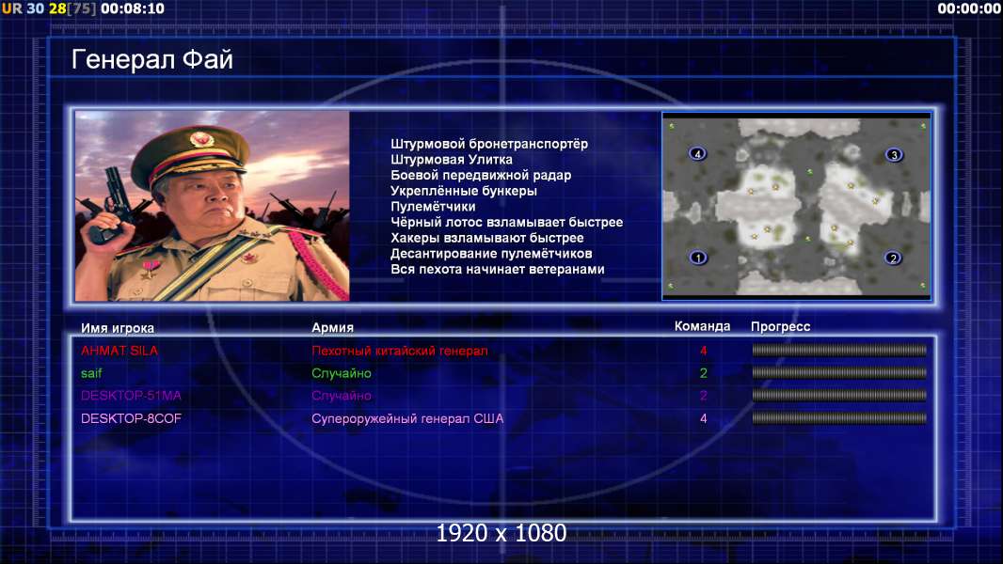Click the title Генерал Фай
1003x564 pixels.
pyautogui.click(x=152, y=59)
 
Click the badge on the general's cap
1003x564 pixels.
pyautogui.click(x=200, y=138)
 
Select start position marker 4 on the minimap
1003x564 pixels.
pyautogui.click(x=697, y=153)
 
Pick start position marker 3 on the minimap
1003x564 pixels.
pyautogui.click(x=894, y=154)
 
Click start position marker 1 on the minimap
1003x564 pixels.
pyautogui.click(x=698, y=258)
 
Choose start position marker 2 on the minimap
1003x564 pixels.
pyautogui.click(x=893, y=258)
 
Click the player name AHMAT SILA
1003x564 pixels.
pyautogui.click(x=119, y=351)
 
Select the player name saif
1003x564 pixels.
pyautogui.click(x=91, y=373)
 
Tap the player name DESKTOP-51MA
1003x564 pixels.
pyautogui.click(x=131, y=396)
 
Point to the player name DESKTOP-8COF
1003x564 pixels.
pyautogui.click(x=131, y=418)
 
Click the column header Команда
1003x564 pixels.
pyautogui.click(x=702, y=326)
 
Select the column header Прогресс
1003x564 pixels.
pyautogui.click(x=780, y=327)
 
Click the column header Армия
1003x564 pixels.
pyautogui.click(x=333, y=328)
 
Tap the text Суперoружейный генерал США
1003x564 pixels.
pyautogui.click(x=407, y=419)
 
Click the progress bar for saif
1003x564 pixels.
pyautogui.click(x=839, y=372)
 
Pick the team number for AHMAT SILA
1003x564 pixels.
pyautogui.click(x=704, y=351)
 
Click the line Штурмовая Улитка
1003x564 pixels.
pyautogui.click(x=452, y=160)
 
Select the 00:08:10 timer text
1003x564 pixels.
pyautogui.click(x=133, y=8)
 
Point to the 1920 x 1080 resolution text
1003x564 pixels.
pyautogui.click(x=501, y=533)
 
